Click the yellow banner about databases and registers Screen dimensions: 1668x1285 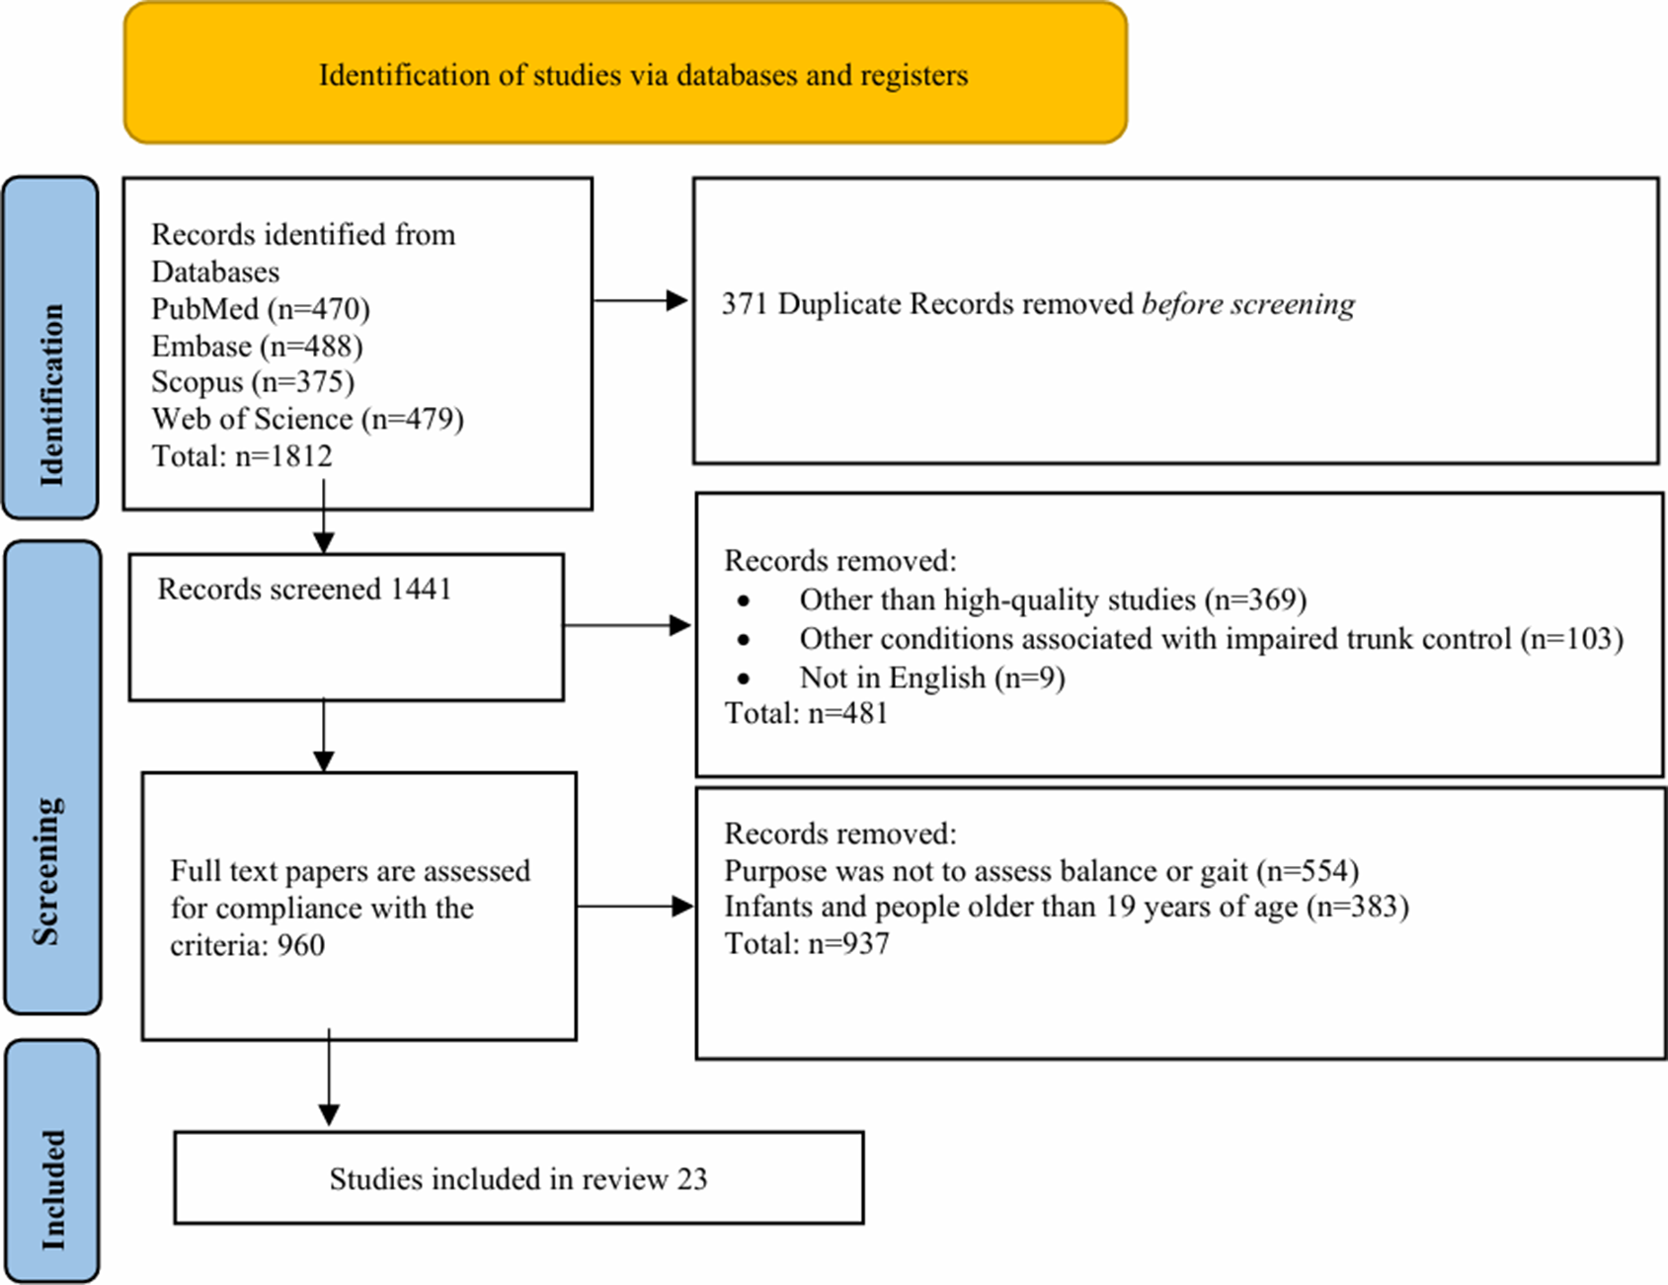pyautogui.click(x=625, y=72)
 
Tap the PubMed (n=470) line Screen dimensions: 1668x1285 pyautogui.click(x=261, y=309)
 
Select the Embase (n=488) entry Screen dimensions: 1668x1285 pyautogui.click(x=257, y=346)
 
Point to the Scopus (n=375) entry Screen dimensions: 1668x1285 pyautogui.click(x=253, y=382)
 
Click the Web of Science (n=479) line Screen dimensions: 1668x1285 pyautogui.click(x=307, y=419)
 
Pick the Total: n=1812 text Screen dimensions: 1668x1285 pyautogui.click(x=242, y=455)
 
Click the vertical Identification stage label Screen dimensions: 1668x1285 pyautogui.click(x=51, y=395)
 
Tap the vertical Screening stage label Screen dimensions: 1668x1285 pyautogui.click(x=46, y=871)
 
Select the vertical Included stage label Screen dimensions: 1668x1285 pyautogui.click(x=52, y=1190)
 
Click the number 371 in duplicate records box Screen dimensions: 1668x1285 pyautogui.click(x=744, y=303)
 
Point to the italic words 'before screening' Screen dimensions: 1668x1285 pyautogui.click(x=1248, y=304)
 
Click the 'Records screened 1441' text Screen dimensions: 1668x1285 pyautogui.click(x=304, y=589)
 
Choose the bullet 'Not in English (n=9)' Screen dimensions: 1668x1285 pyautogui.click(x=932, y=678)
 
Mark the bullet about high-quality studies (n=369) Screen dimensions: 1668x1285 pyautogui.click(x=1053, y=600)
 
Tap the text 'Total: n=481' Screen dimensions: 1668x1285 pyautogui.click(x=807, y=713)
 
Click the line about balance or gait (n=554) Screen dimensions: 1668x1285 pyautogui.click(x=1042, y=870)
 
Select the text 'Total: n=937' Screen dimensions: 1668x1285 pyautogui.click(x=807, y=943)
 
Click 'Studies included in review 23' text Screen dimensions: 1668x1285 pyautogui.click(x=518, y=1178)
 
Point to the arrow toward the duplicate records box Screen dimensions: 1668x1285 pyautogui.click(x=640, y=300)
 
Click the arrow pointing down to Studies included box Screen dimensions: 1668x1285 pyautogui.click(x=329, y=1077)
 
